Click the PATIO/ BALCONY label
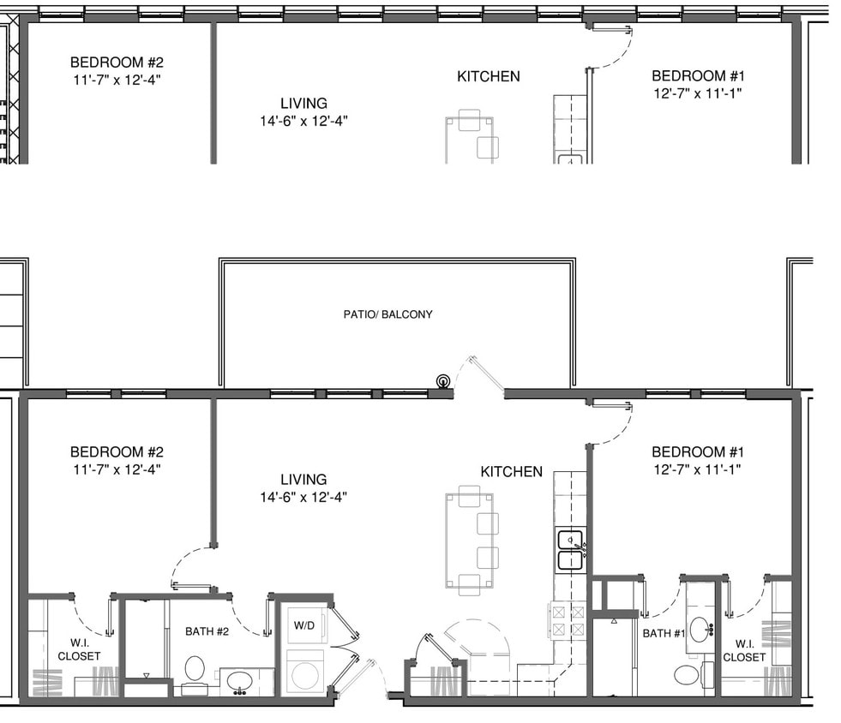coord(387,314)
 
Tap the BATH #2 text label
coord(207,632)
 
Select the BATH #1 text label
coord(663,634)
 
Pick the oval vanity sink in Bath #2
coord(237,682)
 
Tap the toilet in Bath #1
coord(687,674)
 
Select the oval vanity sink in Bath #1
coord(700,629)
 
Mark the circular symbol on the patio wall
coord(442,381)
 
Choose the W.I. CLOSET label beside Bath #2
coord(79,650)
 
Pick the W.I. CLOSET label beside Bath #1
coord(744,651)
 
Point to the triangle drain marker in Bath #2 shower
coord(146,676)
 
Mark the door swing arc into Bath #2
coord(254,617)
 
